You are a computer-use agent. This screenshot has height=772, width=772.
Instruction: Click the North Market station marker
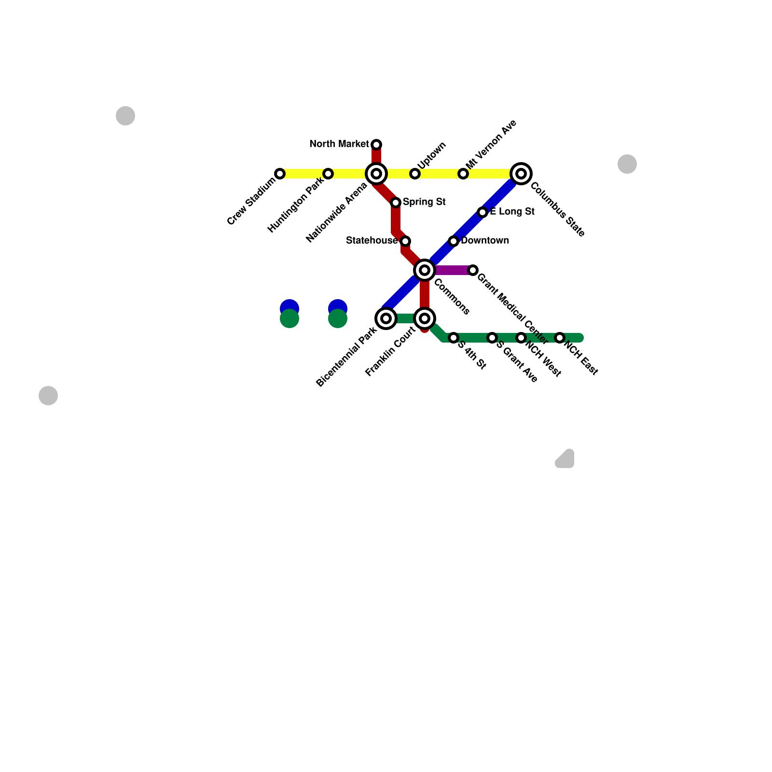pos(376,145)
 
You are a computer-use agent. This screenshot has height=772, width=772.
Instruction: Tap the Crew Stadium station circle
pos(280,174)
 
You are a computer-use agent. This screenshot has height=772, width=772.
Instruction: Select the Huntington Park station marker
pos(328,174)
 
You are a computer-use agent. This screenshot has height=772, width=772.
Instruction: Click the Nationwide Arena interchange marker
pos(376,174)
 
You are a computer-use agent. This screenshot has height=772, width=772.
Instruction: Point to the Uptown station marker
pos(415,174)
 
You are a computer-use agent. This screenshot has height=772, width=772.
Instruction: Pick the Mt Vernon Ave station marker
pos(463,174)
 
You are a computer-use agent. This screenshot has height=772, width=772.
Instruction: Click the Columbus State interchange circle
pos(521,174)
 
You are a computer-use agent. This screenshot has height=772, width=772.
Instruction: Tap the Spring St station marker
pos(396,203)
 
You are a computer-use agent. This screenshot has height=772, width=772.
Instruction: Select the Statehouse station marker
pos(405,241)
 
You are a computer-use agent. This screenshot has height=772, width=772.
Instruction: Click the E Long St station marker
pos(482,212)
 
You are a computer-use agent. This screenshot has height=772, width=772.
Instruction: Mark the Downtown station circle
pos(454,241)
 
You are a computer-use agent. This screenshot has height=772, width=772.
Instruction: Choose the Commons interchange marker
pos(425,270)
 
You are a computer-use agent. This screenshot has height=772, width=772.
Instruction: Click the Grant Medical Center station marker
pos(473,270)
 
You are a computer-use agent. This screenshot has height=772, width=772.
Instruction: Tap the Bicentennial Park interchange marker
pos(386,318)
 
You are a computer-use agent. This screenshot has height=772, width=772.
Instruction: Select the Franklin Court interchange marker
pos(425,318)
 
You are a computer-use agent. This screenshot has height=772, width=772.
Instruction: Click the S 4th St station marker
pos(454,338)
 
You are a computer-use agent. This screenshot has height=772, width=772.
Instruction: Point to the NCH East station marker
pos(560,338)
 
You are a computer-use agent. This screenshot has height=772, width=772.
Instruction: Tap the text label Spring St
pos(424,202)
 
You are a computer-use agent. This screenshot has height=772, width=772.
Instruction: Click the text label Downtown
pos(484,241)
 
